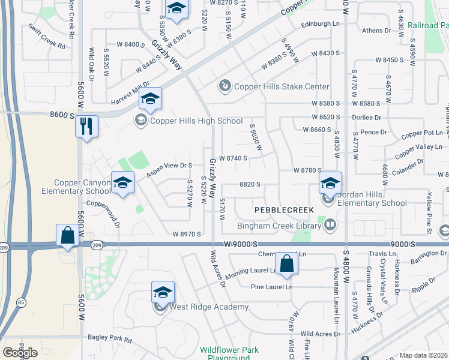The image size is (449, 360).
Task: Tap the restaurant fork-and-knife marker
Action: click(x=86, y=126)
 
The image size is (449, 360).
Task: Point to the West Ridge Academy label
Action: click(x=209, y=307)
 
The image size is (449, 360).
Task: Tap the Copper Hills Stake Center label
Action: click(x=282, y=87)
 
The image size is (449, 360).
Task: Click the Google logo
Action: click(x=20, y=353)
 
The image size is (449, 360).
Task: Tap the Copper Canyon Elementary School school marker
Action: click(x=122, y=183)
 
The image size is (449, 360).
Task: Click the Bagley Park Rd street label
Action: click(x=109, y=339)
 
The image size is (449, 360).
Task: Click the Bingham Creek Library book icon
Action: click(x=330, y=225)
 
